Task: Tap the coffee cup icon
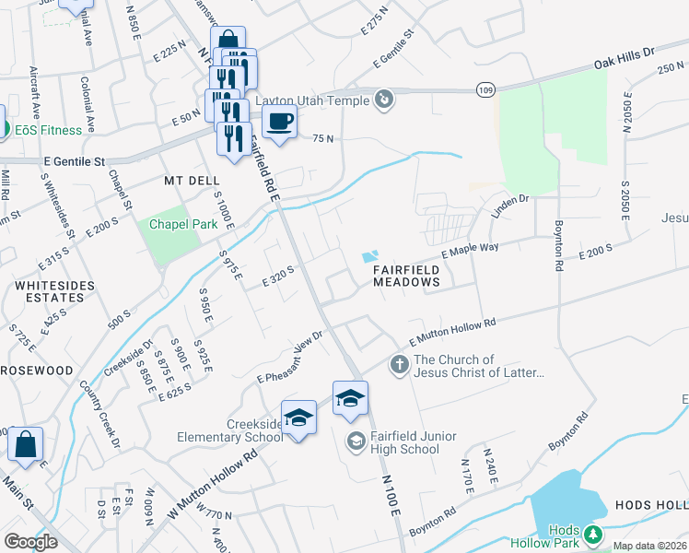pyautogui.click(x=279, y=121)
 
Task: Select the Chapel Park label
pyautogui.click(x=175, y=223)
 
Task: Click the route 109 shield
pyautogui.click(x=485, y=88)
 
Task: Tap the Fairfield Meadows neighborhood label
pyautogui.click(x=407, y=276)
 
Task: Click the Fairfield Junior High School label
pyautogui.click(x=404, y=442)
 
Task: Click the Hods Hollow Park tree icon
pyautogui.click(x=593, y=533)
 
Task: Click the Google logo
pyautogui.click(x=30, y=541)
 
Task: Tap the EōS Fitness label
pyautogui.click(x=47, y=129)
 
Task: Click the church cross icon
pyautogui.click(x=399, y=365)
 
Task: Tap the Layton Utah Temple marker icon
pyautogui.click(x=385, y=100)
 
